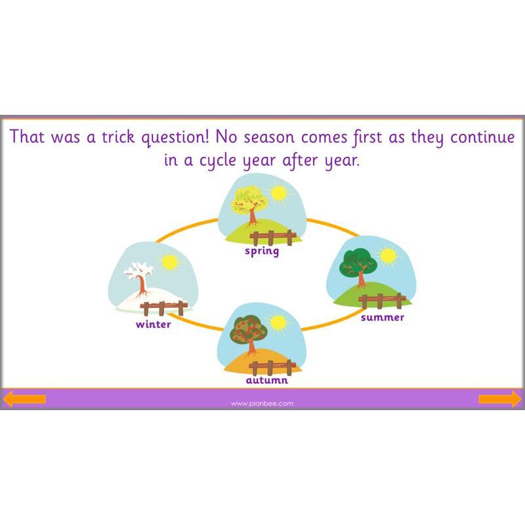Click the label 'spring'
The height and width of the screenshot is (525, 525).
tap(262, 251)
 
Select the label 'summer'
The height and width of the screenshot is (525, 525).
tap(383, 318)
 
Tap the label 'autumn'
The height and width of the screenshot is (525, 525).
tap(266, 380)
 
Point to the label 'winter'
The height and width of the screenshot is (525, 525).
tap(153, 324)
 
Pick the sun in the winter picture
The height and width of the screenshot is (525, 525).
tap(171, 263)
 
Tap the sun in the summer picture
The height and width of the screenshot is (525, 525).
tap(388, 255)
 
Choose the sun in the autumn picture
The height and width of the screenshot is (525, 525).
tap(279, 322)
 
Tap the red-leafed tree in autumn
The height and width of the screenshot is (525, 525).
tap(247, 333)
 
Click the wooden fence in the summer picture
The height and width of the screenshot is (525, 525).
tap(382, 301)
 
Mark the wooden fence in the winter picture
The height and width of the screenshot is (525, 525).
tap(164, 307)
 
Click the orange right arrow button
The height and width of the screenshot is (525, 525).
tap(499, 398)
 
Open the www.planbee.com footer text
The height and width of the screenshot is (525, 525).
tap(262, 404)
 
